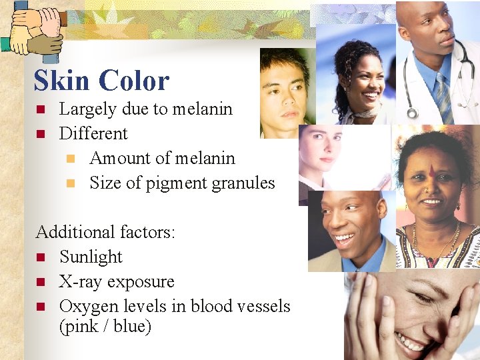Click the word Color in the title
point(136,81)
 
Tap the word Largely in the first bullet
point(86,109)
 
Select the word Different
point(93,133)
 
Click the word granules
point(243,183)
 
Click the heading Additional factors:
point(105,232)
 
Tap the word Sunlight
point(91,257)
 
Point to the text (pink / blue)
point(105,327)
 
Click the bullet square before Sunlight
point(41,257)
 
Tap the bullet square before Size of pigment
point(71,183)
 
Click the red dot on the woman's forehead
point(431,172)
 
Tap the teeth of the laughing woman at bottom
point(408,341)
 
